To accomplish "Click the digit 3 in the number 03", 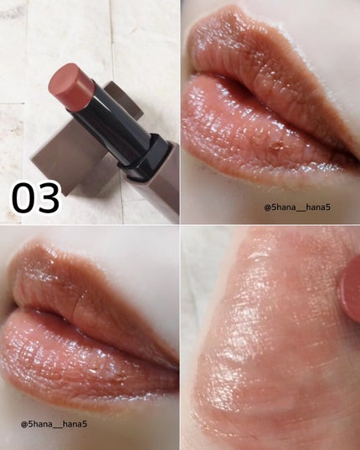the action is click(x=49, y=197).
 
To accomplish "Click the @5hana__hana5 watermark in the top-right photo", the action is click(x=297, y=207).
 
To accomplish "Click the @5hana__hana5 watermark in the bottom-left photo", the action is click(x=54, y=424).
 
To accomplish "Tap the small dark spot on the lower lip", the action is click(x=275, y=146).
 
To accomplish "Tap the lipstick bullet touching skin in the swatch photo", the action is click(x=350, y=290).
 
